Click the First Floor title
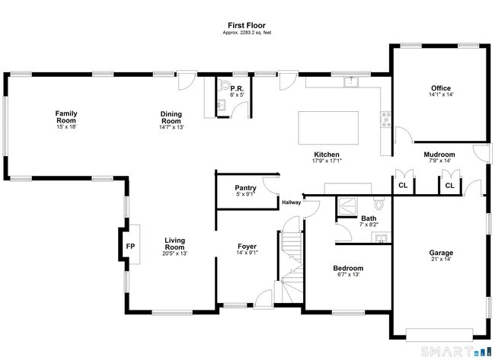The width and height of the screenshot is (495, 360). [x=247, y=25]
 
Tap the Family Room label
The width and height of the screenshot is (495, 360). [x=66, y=116]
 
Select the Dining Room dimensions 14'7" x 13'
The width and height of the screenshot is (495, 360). [x=171, y=127]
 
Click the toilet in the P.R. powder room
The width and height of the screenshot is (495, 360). [x=225, y=84]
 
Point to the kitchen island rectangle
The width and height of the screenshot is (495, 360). [x=328, y=128]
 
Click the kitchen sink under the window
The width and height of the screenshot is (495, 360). [x=351, y=81]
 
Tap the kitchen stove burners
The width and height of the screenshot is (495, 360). [x=386, y=119]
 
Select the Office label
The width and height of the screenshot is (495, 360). [x=441, y=88]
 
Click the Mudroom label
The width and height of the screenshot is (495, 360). [x=439, y=155]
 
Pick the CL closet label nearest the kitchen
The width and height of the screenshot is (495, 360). [x=403, y=185]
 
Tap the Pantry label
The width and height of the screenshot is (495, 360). [x=246, y=188]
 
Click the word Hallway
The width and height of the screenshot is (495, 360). [x=292, y=202]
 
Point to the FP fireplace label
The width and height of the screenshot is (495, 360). [x=130, y=247]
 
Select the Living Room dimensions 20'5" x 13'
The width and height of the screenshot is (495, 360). [x=175, y=253]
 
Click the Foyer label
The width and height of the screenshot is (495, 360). [x=247, y=247]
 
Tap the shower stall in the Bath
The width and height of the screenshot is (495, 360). [x=347, y=206]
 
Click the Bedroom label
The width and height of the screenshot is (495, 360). [x=348, y=268]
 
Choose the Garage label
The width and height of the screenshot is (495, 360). [x=441, y=253]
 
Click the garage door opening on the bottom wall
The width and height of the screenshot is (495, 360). [x=439, y=335]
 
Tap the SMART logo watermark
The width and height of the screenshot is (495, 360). [x=455, y=351]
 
